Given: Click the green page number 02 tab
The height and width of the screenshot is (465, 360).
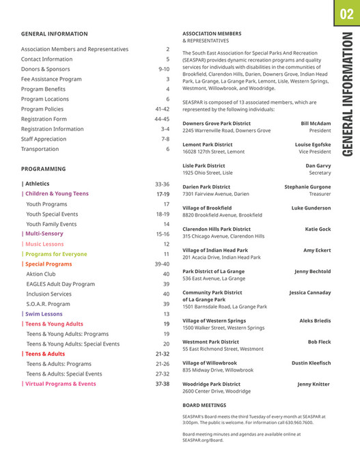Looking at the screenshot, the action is tap(346, 14).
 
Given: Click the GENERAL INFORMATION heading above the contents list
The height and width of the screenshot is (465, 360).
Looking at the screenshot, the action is tap(55, 33).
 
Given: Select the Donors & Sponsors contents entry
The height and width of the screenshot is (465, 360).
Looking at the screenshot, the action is tap(46, 69).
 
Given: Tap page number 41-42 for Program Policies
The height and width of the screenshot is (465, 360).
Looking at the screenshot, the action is tap(162, 109).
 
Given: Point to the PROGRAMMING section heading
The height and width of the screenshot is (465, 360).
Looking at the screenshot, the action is tap(44, 169).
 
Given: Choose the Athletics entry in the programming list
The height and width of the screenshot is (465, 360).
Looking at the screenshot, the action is tap(36, 184).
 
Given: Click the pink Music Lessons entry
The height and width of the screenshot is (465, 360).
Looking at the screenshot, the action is tap(44, 244).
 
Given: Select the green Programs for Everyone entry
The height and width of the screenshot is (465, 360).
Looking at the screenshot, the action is tap(55, 254).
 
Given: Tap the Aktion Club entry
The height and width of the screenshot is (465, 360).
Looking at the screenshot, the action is tap(41, 274).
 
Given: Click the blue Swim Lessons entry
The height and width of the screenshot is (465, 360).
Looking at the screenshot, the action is tap(44, 314).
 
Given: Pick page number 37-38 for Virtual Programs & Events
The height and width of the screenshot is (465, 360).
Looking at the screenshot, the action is tap(162, 384).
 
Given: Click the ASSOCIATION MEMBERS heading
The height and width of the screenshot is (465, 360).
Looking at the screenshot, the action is tap(212, 33).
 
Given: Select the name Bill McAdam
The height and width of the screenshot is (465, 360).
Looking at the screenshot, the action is tap(316, 124).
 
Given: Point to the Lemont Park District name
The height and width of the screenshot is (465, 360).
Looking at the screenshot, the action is tap(208, 145).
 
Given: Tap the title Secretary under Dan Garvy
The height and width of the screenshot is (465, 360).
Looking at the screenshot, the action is tap(320, 173).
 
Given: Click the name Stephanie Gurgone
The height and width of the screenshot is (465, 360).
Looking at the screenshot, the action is tap(307, 186).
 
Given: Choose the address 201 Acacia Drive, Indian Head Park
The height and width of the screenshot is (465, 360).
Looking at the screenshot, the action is tap(221, 257).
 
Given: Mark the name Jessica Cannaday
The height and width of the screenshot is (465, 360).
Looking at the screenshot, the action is tap(309, 293).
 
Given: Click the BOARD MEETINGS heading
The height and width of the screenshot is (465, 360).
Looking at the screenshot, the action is tap(205, 405).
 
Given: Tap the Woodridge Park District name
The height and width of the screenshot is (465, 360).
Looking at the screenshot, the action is tap(212, 384).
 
